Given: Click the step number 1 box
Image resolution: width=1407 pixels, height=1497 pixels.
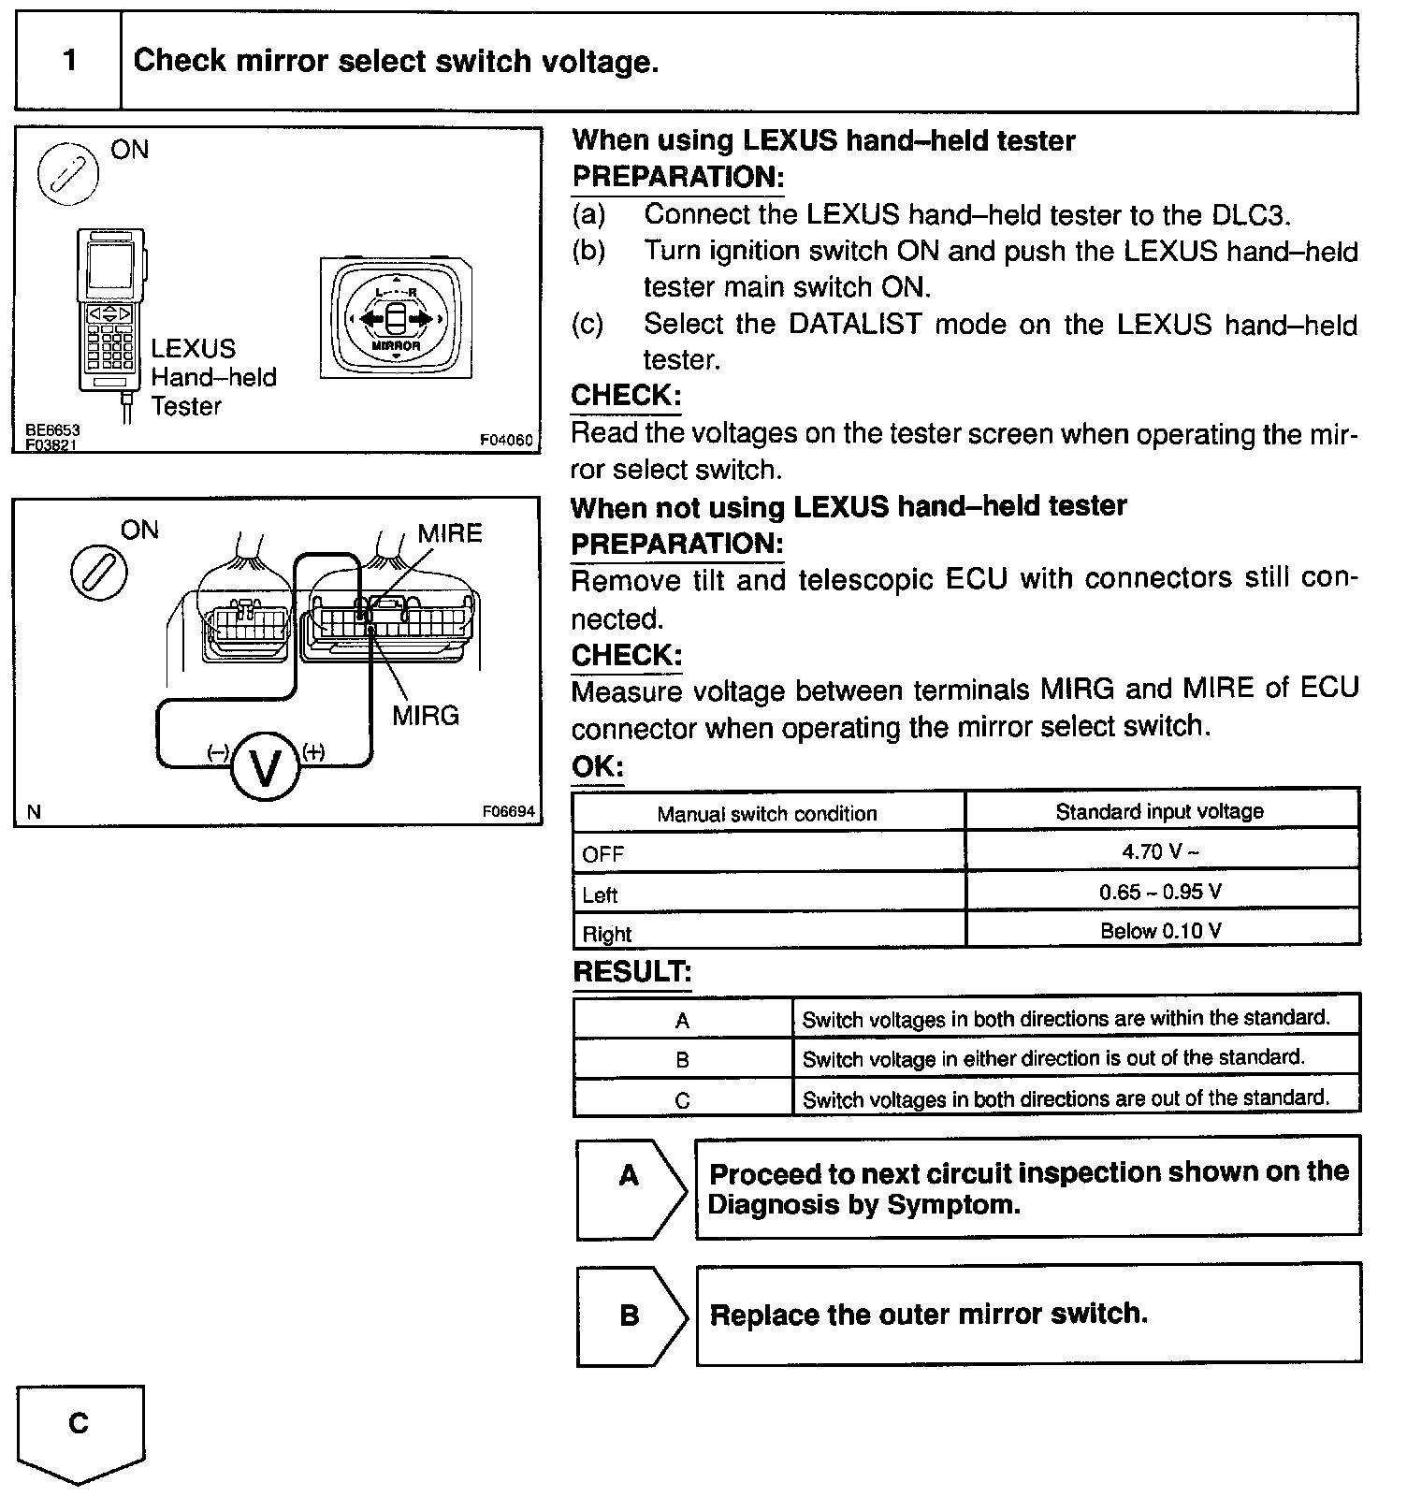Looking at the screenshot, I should tap(69, 62).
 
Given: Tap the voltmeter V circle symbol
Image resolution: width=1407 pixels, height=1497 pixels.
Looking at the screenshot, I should tap(266, 766).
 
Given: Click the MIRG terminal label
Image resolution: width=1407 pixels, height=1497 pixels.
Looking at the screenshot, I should tap(426, 716).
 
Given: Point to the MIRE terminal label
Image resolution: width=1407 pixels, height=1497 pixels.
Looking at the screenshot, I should tap(450, 533).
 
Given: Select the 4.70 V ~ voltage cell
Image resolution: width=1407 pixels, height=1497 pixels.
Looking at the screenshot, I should tap(1161, 851).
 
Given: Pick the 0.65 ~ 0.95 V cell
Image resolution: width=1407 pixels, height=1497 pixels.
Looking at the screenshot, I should tap(1160, 892).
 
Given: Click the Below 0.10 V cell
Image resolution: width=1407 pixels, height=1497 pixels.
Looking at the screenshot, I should tap(1161, 931).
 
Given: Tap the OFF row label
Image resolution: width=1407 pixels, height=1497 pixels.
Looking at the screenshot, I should tap(603, 853).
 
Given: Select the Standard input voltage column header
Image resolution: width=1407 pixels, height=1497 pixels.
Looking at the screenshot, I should tap(1160, 811).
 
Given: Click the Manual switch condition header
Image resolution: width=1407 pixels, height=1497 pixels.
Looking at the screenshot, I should tap(767, 813).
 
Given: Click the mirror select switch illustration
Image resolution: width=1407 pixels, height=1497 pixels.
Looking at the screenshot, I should tap(396, 318).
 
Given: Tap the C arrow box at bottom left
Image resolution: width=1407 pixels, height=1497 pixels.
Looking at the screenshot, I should tap(80, 1428).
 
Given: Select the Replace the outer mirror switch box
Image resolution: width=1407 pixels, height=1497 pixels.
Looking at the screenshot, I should tap(1028, 1315).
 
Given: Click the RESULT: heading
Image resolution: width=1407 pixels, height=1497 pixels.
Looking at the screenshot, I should tap(631, 972).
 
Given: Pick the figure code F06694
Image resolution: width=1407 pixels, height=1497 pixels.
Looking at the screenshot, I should tap(508, 812).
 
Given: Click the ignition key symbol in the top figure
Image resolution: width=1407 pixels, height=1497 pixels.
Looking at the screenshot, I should tap(68, 173).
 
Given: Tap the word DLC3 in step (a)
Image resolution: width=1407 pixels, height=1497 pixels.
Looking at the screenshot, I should tap(1250, 214).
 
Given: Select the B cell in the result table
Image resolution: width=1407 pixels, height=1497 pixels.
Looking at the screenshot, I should tap(682, 1060).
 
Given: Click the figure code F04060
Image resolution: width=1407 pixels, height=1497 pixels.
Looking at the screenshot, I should tap(505, 440).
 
